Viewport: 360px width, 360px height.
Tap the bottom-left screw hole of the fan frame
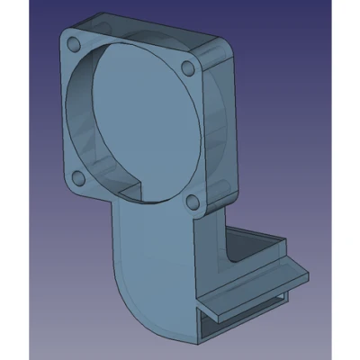click(x=79, y=176)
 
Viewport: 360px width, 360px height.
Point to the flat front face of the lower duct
click(x=157, y=270)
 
